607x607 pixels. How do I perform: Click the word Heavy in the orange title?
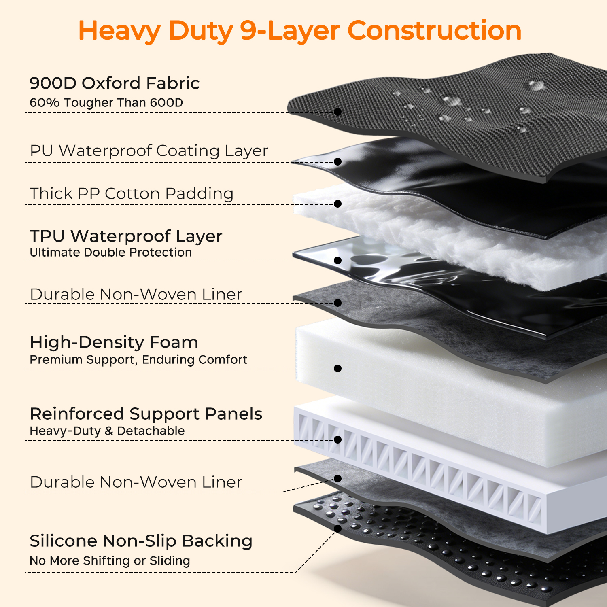119,31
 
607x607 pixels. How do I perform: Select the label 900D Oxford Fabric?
115,83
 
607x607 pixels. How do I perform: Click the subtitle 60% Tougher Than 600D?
106,102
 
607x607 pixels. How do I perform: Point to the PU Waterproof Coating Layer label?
149,151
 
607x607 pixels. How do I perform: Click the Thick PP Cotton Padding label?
132,193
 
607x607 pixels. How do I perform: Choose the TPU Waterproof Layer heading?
126,236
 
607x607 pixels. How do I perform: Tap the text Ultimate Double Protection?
111,252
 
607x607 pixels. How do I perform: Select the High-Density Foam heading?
114,342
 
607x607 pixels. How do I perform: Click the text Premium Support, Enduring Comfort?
138,359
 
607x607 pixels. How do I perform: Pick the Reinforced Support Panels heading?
146,414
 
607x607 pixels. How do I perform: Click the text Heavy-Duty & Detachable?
107,431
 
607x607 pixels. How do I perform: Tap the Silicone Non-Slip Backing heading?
141,541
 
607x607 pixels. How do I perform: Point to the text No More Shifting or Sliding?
110,560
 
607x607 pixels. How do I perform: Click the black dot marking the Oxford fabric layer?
337,112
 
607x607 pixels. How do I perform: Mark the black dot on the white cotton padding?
337,204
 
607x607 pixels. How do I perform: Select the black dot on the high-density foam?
337,368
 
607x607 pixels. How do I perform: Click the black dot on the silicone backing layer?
337,528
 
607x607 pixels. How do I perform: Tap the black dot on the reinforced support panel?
337,439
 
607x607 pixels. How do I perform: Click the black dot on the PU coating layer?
337,161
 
